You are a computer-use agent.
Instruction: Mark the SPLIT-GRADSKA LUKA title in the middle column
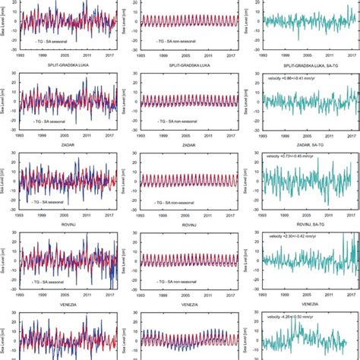coord(179,68)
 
